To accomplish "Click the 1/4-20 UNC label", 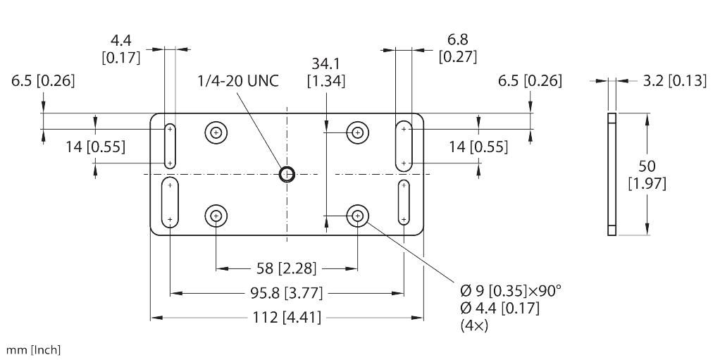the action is (x=238, y=81).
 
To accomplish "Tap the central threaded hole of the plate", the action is (x=287, y=174).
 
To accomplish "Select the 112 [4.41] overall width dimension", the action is (x=287, y=317).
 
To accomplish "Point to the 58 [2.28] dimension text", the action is (x=287, y=268).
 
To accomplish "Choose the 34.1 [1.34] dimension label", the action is (x=326, y=72).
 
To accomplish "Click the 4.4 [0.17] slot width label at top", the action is (x=120, y=49).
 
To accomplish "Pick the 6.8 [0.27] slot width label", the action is (x=458, y=48).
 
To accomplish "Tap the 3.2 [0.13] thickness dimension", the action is (x=674, y=81).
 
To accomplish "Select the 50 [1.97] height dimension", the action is (x=647, y=175).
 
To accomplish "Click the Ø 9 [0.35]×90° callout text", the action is (x=511, y=291).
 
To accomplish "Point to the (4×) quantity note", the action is (x=474, y=325).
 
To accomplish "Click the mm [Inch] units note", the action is (x=33, y=350).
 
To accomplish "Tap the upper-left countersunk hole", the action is (x=216, y=133).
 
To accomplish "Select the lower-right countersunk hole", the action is (x=358, y=215).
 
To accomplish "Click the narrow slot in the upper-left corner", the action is (x=170, y=146).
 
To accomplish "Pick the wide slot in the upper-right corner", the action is (x=404, y=146).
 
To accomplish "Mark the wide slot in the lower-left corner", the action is (x=170, y=202).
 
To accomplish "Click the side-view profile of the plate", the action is (x=612, y=174).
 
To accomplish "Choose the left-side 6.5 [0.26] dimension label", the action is (x=43, y=81).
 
